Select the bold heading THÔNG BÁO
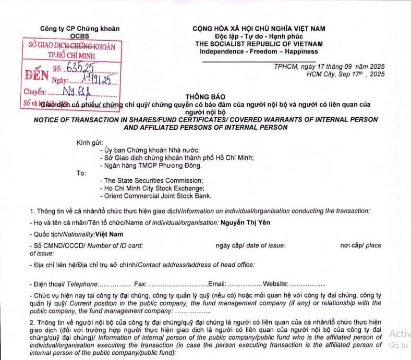point(205,97)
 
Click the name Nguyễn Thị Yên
point(246,222)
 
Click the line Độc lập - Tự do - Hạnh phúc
point(259,36)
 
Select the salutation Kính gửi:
point(90,142)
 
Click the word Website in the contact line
point(275,283)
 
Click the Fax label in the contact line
point(140,283)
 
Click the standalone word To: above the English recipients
point(81,172)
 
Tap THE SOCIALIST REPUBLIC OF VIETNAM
point(259,44)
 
